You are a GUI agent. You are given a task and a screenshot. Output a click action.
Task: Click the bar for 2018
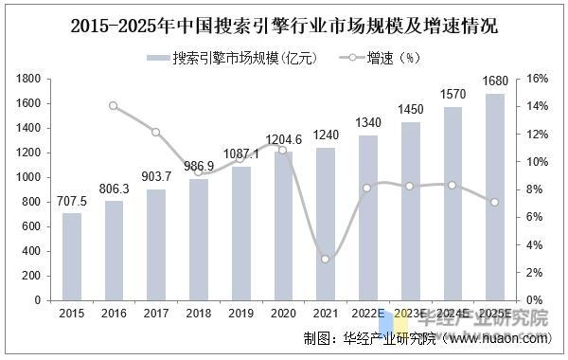tap(197, 239)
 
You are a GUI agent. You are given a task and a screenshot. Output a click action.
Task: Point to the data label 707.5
tap(72, 202)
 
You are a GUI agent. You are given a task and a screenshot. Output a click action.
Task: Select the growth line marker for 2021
tap(325, 259)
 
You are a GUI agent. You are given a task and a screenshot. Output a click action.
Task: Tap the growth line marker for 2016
tap(114, 105)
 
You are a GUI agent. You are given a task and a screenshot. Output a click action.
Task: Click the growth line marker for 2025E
tap(493, 202)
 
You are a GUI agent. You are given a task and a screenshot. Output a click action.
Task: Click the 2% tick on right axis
tap(533, 273)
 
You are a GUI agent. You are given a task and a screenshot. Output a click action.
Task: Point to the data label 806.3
tap(114, 189)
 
